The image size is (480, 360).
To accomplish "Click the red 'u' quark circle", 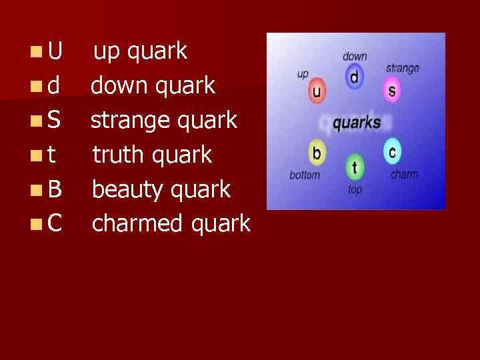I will (318, 92).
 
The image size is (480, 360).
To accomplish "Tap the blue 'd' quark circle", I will (354, 77).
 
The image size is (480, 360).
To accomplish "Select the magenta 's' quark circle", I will (391, 90).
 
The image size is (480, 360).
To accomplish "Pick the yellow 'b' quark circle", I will (317, 153).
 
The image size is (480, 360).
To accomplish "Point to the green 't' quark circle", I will (355, 167).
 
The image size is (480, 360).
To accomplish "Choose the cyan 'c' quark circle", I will (392, 152).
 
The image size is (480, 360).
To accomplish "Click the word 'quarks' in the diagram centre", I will (356, 123).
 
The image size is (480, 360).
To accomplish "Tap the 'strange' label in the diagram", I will (403, 68).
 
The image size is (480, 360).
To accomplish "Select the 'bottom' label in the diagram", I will (305, 175).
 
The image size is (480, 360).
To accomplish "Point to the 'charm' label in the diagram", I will (404, 175).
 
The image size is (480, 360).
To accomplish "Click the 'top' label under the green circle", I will (355, 190).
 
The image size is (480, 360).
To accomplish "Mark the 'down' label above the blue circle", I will (355, 57).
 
